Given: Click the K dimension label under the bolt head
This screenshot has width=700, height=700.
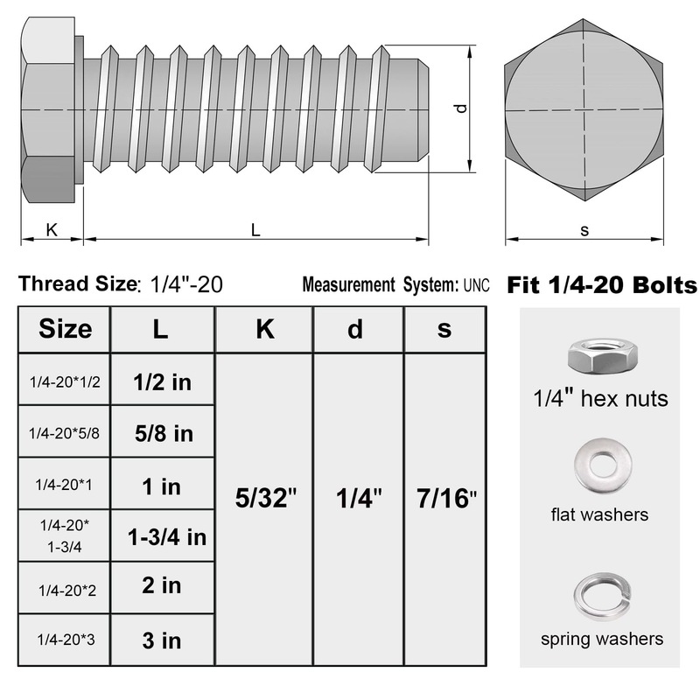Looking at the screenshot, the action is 52,230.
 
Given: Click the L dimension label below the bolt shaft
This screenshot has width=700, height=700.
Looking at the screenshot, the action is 255,230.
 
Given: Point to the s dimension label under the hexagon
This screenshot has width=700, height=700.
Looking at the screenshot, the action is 584,230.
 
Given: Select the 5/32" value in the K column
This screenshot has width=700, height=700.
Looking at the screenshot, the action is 266,498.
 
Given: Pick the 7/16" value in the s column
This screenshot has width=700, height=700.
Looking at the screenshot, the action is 446,498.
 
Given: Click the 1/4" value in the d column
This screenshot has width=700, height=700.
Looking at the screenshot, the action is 359,498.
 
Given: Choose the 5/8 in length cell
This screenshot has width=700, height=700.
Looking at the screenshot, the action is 164,433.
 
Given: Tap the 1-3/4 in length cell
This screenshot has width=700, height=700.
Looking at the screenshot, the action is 167,536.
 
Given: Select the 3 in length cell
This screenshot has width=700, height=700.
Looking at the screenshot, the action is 162,640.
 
